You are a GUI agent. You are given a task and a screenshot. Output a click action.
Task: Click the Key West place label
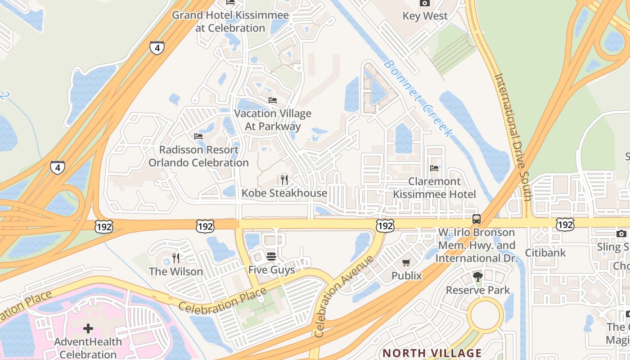pyautogui.click(x=425, y=16)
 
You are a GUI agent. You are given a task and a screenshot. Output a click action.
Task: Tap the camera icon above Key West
pyautogui.click(x=424, y=3)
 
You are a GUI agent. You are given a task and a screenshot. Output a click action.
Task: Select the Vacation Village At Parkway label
pyautogui.click(x=272, y=120)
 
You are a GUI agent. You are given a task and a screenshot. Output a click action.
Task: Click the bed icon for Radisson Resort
pyautogui.click(x=198, y=136)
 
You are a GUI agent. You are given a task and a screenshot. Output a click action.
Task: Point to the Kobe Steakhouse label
pyautogui.click(x=284, y=193)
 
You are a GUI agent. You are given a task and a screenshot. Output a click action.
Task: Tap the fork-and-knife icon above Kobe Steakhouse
pyautogui.click(x=284, y=180)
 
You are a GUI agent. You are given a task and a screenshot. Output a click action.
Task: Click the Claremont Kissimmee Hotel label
pyautogui.click(x=434, y=188)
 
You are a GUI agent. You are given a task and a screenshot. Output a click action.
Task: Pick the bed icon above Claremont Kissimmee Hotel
pyautogui.click(x=434, y=168)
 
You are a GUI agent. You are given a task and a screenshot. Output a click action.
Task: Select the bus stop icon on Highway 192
pyautogui.click(x=476, y=219)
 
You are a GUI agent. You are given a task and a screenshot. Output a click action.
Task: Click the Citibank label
pyautogui.click(x=545, y=252)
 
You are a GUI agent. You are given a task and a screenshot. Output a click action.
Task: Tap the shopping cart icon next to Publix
pyautogui.click(x=406, y=262)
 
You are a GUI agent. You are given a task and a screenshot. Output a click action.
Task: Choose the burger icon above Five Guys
pyautogui.click(x=271, y=256)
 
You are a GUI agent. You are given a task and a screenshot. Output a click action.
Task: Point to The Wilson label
pyautogui.click(x=175, y=271)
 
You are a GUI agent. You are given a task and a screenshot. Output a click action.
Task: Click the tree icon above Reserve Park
pyautogui.click(x=477, y=277)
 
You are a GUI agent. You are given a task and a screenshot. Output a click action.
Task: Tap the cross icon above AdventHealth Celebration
pyautogui.click(x=88, y=328)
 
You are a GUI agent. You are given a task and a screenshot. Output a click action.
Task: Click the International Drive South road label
pyautogui.click(x=513, y=137)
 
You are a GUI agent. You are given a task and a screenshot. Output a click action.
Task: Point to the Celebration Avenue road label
pyautogui.click(x=344, y=297)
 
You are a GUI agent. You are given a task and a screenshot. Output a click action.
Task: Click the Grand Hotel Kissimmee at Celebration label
pyautogui.click(x=230, y=22)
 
